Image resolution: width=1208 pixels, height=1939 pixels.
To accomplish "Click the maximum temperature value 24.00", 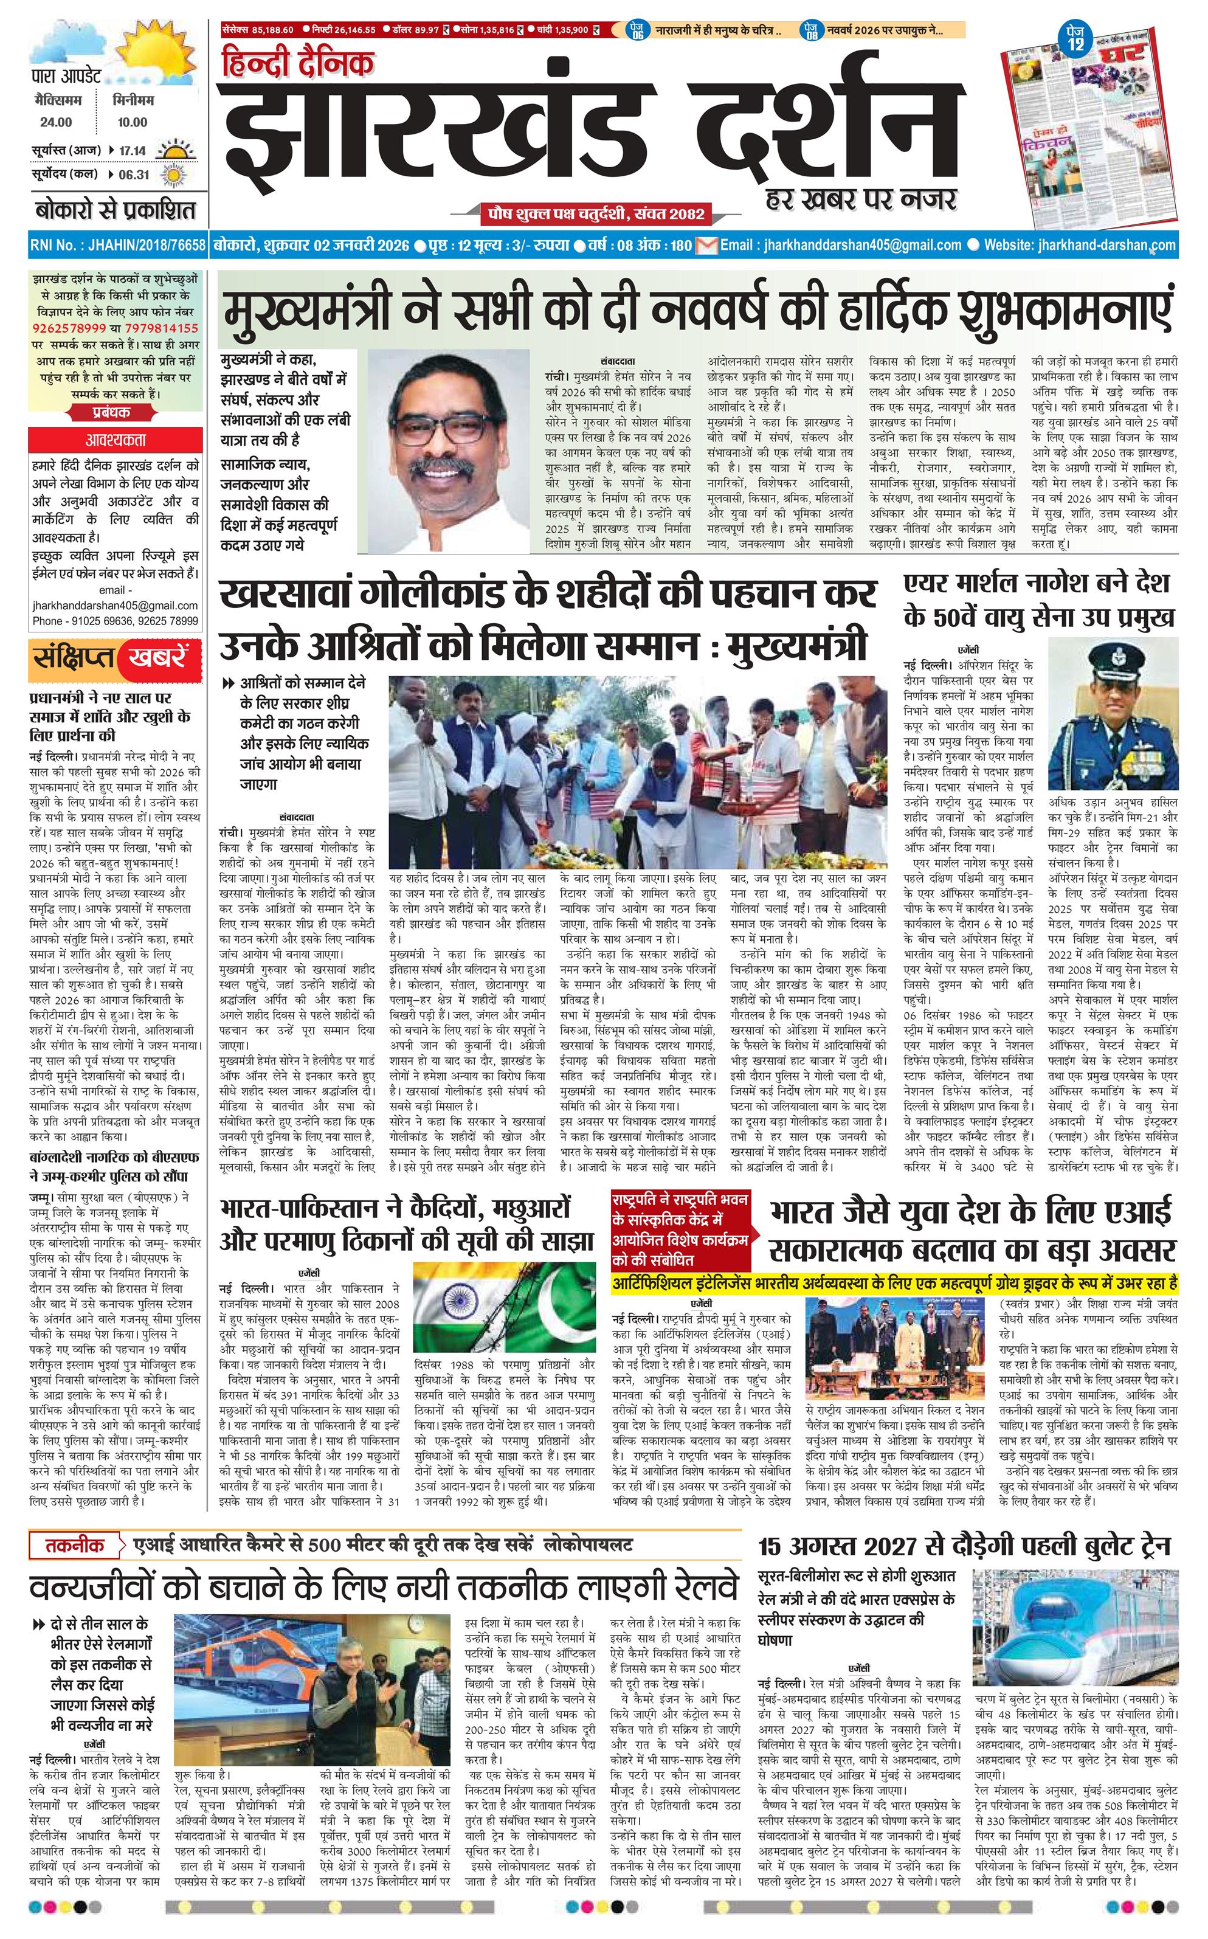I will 56,122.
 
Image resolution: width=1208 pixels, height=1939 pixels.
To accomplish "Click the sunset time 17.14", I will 133,150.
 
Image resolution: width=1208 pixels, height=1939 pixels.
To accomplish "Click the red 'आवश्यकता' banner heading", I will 116,440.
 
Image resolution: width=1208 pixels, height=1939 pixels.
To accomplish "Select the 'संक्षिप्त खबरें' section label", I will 112,657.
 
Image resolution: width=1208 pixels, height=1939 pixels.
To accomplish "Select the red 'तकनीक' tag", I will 77,1546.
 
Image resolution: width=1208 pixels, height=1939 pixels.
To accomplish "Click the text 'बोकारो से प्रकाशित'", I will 115,211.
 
